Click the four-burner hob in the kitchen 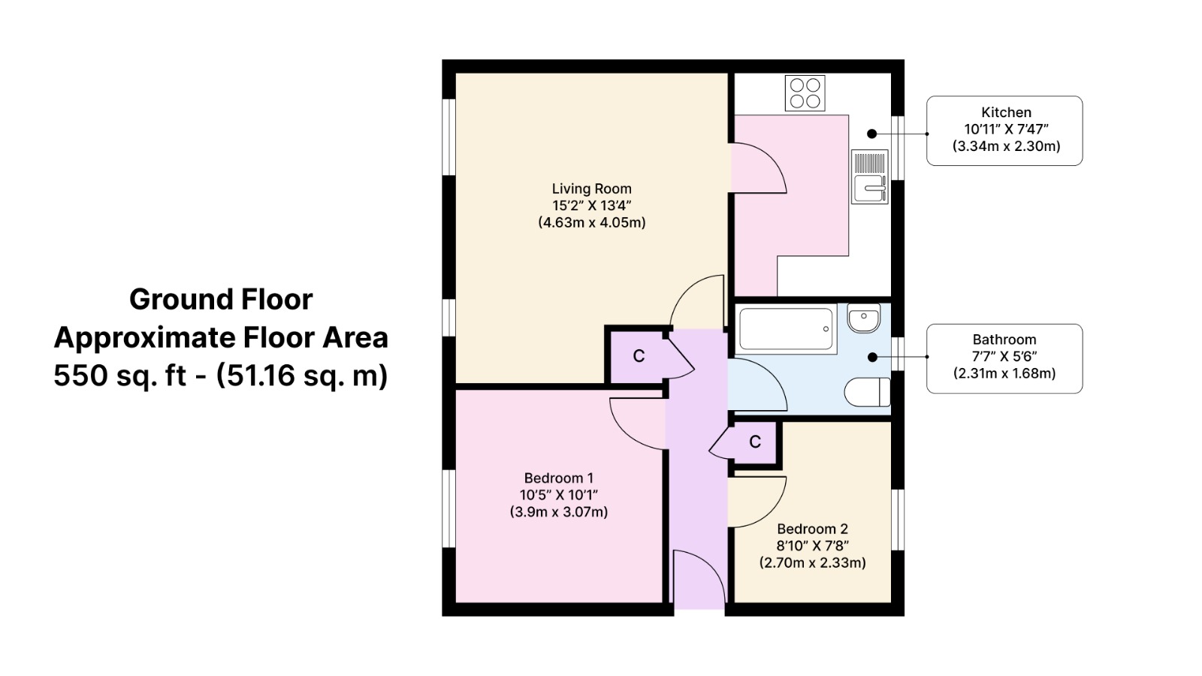coord(805,93)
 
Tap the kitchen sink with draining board coord(870,177)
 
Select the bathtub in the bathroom coord(786,329)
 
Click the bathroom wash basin coord(864,318)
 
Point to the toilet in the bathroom coord(867,392)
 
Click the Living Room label coord(592,189)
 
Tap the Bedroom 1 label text coord(559,478)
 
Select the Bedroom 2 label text coord(812,529)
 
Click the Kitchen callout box coord(1004,131)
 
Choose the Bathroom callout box coord(1004,358)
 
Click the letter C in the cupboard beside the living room coord(639,356)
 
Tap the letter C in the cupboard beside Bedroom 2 coord(755,442)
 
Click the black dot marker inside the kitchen coord(872,134)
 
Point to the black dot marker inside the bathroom coord(872,357)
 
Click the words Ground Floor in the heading coord(221,300)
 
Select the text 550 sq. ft coord(119,375)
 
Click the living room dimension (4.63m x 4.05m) coord(592,222)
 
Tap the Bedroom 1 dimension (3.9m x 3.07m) coord(559,512)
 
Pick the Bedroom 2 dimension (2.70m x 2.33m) coord(812,563)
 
